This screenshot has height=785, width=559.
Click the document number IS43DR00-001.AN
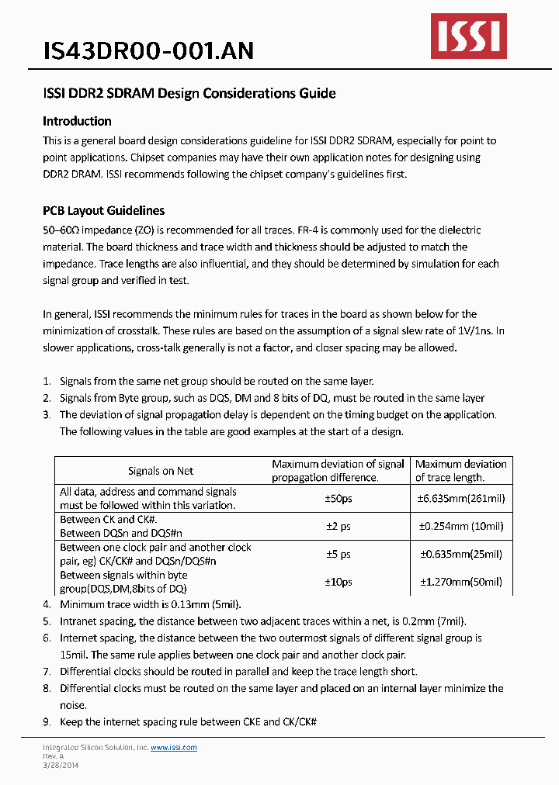[148, 50]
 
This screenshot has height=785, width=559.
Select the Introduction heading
[77, 121]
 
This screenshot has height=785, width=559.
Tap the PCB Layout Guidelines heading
[103, 210]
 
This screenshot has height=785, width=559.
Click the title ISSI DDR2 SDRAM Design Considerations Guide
[189, 94]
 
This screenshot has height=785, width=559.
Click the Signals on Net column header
[161, 471]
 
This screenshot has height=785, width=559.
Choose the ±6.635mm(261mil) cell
[461, 498]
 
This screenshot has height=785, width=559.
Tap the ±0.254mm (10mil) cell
[461, 526]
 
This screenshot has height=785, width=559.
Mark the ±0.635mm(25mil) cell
[461, 554]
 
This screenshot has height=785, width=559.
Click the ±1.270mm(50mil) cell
[461, 582]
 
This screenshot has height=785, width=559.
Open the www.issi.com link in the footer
[173, 748]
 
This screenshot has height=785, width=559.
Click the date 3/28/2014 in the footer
[60, 765]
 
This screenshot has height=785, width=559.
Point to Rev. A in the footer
[53, 756]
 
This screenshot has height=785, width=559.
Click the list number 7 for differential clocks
[46, 672]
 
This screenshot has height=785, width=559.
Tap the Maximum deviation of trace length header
[461, 471]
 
